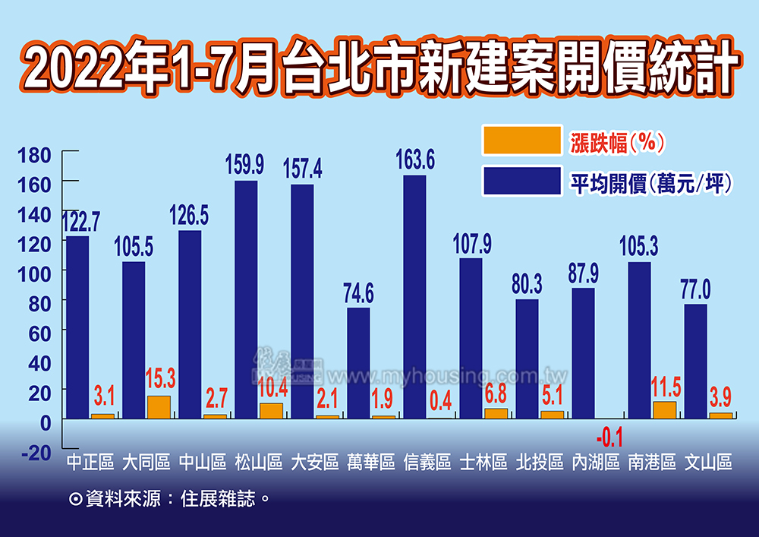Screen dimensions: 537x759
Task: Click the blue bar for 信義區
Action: [x=414, y=296]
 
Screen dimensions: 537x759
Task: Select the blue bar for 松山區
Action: [x=246, y=299]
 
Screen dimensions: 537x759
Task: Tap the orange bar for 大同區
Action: [x=159, y=407]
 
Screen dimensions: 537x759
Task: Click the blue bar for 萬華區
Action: [x=358, y=363]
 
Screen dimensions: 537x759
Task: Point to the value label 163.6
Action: [x=414, y=160]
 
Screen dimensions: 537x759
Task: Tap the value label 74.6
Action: [x=358, y=292]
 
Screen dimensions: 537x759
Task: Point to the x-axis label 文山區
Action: [x=708, y=462]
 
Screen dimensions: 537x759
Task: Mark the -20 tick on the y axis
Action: [x=34, y=453]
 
